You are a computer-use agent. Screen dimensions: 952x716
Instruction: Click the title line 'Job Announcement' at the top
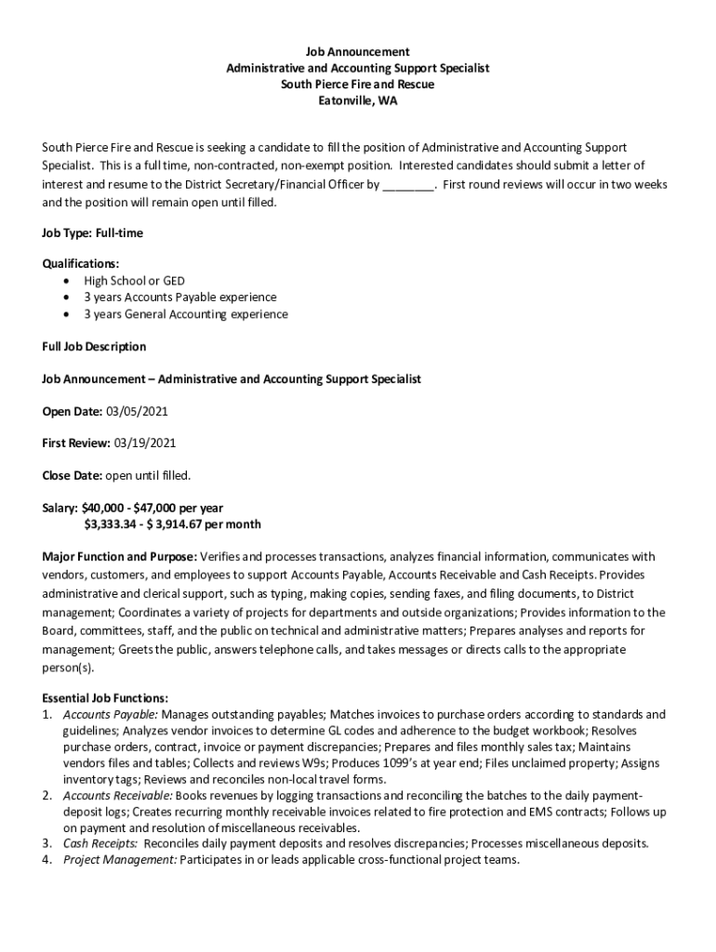click(358, 51)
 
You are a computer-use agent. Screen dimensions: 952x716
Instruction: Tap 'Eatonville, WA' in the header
click(358, 101)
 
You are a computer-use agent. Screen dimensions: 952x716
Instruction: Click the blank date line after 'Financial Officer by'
click(408, 185)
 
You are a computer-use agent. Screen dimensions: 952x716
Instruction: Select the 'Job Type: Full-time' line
click(93, 232)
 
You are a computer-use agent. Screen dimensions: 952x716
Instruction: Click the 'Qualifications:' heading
click(81, 264)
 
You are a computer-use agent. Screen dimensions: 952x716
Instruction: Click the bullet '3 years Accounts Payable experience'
click(180, 297)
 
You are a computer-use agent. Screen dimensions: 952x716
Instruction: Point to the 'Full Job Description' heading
click(94, 347)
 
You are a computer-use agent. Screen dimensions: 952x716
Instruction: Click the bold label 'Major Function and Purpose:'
click(119, 557)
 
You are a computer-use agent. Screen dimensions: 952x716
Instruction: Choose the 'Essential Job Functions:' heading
click(105, 698)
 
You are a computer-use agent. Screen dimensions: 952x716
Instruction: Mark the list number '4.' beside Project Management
click(46, 860)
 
